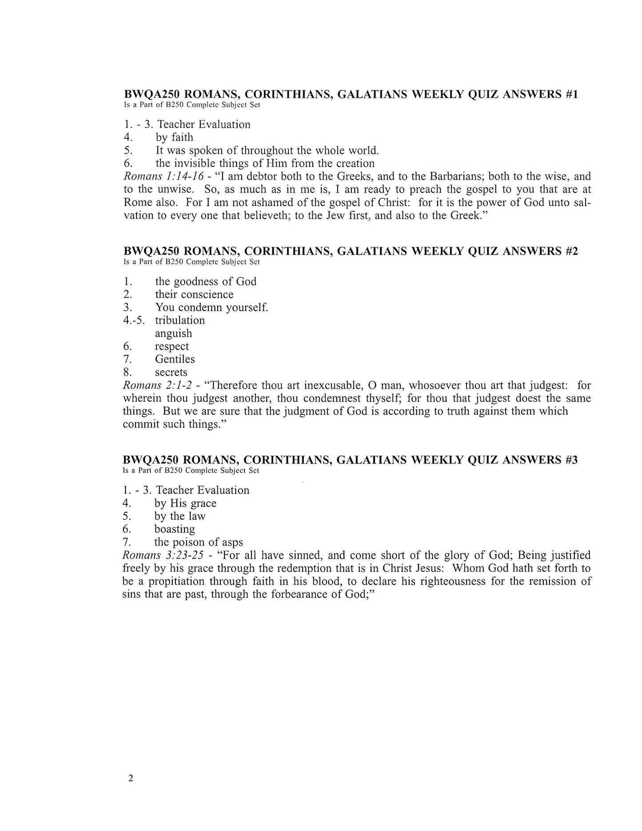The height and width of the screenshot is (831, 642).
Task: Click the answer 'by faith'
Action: click(174, 137)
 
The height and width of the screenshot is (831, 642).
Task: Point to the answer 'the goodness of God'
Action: click(206, 281)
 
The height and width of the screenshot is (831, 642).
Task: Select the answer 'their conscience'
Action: click(194, 294)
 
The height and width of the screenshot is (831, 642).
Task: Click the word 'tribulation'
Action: click(180, 320)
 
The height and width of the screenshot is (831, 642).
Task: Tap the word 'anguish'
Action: click(174, 333)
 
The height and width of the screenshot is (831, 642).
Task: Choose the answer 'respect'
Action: click(171, 346)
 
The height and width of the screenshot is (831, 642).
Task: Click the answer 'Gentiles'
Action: click(175, 359)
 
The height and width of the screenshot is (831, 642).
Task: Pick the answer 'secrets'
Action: click(171, 372)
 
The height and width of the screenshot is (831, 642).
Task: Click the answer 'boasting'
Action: click(175, 529)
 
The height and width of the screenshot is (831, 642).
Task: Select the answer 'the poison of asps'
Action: click(199, 542)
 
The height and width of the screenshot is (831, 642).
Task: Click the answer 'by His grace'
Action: click(185, 503)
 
